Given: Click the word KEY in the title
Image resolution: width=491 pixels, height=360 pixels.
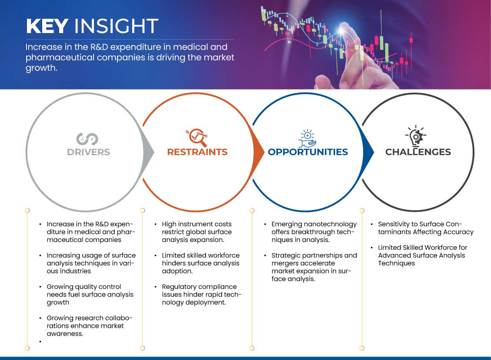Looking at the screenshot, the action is click(x=47, y=26).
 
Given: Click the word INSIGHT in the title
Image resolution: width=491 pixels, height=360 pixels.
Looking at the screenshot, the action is click(x=116, y=26).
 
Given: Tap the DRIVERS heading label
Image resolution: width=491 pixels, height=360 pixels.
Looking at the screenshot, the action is click(x=88, y=152).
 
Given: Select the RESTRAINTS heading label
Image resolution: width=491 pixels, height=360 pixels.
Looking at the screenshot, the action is click(x=197, y=152).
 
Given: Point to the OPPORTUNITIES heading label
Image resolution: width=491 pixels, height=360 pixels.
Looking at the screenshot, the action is click(x=308, y=152).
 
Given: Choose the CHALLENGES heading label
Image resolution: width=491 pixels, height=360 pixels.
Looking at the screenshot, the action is click(x=418, y=152).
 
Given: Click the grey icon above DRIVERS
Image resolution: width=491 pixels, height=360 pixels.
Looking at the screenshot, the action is click(x=87, y=139).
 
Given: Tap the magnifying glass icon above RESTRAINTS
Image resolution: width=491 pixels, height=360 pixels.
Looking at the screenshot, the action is click(x=197, y=137).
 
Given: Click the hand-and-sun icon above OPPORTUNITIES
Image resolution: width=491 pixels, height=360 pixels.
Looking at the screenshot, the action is click(x=307, y=138).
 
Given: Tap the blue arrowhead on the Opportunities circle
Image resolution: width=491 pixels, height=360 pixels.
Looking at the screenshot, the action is click(x=368, y=153).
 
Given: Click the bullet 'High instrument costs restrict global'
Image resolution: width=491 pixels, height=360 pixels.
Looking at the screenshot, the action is click(x=197, y=232).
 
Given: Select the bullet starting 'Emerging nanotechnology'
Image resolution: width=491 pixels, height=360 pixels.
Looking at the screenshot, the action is click(x=314, y=232).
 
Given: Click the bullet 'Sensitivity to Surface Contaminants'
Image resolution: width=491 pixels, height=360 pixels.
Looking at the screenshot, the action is click(x=426, y=228).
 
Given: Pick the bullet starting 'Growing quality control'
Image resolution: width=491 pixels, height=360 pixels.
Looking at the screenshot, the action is click(x=90, y=295).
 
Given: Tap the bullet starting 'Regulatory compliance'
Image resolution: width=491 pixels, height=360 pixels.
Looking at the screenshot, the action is click(x=202, y=295).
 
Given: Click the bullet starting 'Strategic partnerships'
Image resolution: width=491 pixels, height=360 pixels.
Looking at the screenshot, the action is click(x=314, y=267).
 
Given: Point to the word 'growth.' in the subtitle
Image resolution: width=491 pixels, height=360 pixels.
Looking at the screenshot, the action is click(x=41, y=68).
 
